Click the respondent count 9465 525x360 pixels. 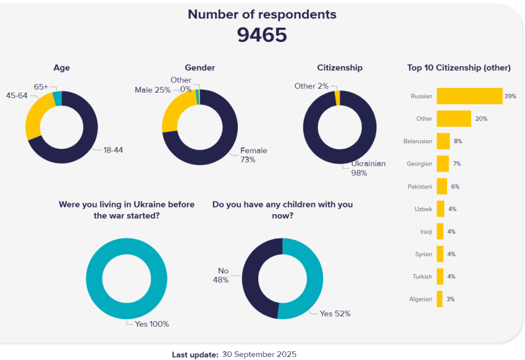(x=262, y=35)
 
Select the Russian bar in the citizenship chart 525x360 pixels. (x=469, y=96)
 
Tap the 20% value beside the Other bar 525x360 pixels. (x=481, y=119)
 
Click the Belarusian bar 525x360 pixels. (x=443, y=141)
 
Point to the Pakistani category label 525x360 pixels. (x=419, y=186)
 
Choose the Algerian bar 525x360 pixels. (x=439, y=299)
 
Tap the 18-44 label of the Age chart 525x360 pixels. (x=113, y=150)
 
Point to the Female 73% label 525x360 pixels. (x=253, y=155)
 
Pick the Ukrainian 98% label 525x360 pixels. (x=368, y=168)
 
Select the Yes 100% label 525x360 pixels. (x=152, y=324)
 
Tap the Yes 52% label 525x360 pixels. (x=335, y=314)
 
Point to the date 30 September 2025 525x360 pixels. (x=259, y=354)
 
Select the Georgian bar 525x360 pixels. (x=442, y=164)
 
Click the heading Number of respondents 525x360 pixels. (x=262, y=14)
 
